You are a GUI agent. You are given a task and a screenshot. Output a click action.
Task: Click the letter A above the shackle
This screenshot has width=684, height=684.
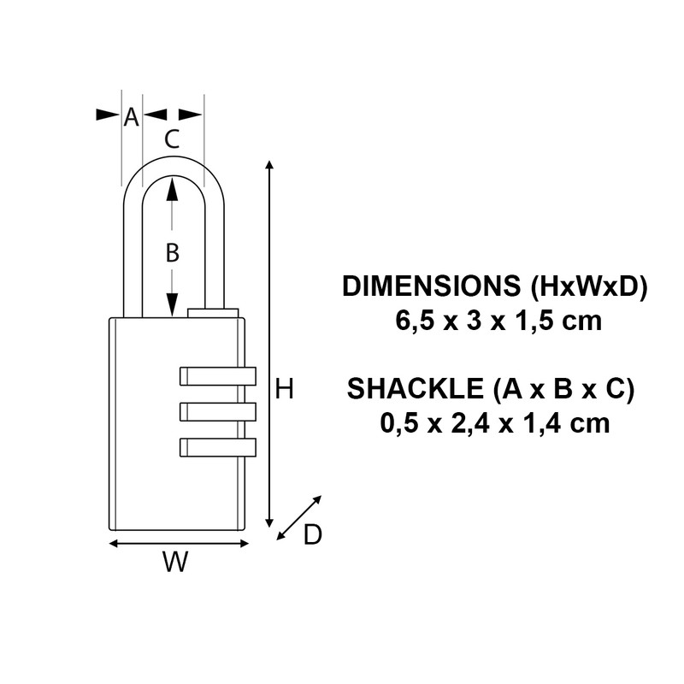click(x=131, y=117)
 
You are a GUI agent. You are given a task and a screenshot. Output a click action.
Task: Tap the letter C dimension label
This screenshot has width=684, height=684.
click(x=172, y=139)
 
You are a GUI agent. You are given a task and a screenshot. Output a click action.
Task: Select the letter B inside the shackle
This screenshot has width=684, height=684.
click(x=172, y=252)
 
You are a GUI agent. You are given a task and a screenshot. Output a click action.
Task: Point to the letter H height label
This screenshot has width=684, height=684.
click(x=286, y=390)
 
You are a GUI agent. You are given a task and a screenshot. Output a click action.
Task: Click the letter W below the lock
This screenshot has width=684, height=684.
click(x=175, y=563)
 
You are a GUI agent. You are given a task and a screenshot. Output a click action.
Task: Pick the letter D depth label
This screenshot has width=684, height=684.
click(x=313, y=535)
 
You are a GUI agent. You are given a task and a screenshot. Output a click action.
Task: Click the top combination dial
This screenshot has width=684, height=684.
click(x=218, y=374)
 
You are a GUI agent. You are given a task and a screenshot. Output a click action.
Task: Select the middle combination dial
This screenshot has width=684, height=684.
click(x=218, y=411)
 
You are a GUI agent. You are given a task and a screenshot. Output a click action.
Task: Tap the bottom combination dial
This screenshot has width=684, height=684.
click(x=218, y=446)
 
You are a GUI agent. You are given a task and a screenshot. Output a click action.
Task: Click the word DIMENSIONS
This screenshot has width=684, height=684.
click(x=433, y=286)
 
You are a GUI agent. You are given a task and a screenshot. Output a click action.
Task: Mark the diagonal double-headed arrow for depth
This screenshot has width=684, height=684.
click(x=300, y=517)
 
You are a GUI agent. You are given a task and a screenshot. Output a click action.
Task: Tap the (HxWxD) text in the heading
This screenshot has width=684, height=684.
click(x=589, y=286)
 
